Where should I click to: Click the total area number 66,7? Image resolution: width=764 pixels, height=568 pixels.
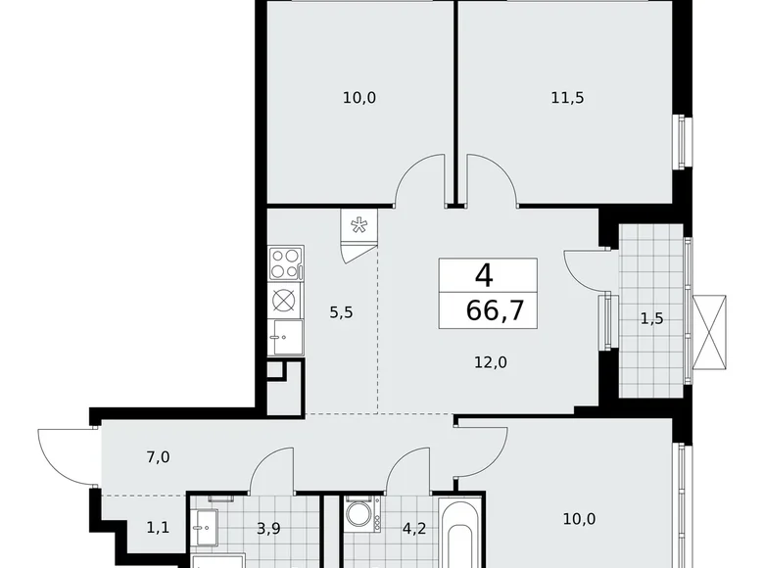[495, 310]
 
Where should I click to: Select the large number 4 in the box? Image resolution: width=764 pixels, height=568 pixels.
[484, 276]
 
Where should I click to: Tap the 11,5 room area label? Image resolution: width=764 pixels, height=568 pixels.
[567, 98]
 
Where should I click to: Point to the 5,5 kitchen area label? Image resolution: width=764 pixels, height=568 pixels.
[341, 312]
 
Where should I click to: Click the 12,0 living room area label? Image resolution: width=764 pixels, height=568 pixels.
[491, 362]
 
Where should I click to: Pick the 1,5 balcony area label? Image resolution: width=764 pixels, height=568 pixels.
[652, 318]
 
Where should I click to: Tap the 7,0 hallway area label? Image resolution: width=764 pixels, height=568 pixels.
[159, 457]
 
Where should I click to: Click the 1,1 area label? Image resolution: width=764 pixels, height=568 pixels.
[158, 527]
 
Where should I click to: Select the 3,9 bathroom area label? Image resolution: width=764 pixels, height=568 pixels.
[268, 528]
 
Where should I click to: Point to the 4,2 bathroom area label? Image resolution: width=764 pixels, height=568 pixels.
[414, 528]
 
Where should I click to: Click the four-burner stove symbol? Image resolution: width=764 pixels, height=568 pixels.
[286, 263]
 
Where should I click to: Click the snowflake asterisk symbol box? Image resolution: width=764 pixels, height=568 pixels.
[359, 225]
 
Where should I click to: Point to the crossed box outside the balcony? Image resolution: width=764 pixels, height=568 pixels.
[709, 333]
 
